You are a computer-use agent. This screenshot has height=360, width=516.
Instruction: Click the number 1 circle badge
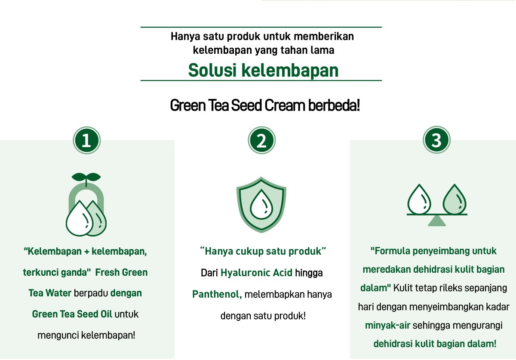pyautogui.click(x=86, y=140)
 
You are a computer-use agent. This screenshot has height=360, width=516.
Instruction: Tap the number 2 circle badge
pyautogui.click(x=262, y=140)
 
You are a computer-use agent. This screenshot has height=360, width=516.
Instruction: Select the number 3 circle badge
pyautogui.click(x=436, y=140)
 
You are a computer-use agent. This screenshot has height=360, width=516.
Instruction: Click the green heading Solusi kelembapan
pyautogui.click(x=263, y=70)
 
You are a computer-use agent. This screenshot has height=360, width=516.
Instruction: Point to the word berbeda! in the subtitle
pyautogui.click(x=334, y=105)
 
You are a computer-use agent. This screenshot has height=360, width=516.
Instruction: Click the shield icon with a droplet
pyautogui.click(x=261, y=205)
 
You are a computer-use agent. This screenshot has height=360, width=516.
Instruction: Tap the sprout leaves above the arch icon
pyautogui.click(x=86, y=178)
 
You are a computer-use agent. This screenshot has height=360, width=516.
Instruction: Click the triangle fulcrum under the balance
pyautogui.click(x=437, y=221)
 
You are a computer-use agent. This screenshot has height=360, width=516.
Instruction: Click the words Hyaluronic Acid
pyautogui.click(x=256, y=273)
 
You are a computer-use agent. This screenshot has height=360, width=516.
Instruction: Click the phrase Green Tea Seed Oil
pyautogui.click(x=72, y=314)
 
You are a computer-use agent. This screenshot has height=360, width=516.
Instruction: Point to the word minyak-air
pyautogui.click(x=388, y=326)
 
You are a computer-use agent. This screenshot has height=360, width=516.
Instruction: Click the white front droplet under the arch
pyautogui.click(x=80, y=218)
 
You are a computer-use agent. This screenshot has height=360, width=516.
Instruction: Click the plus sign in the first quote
pyautogui.click(x=86, y=252)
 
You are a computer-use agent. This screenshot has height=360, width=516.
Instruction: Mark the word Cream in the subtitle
pyautogui.click(x=285, y=105)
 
